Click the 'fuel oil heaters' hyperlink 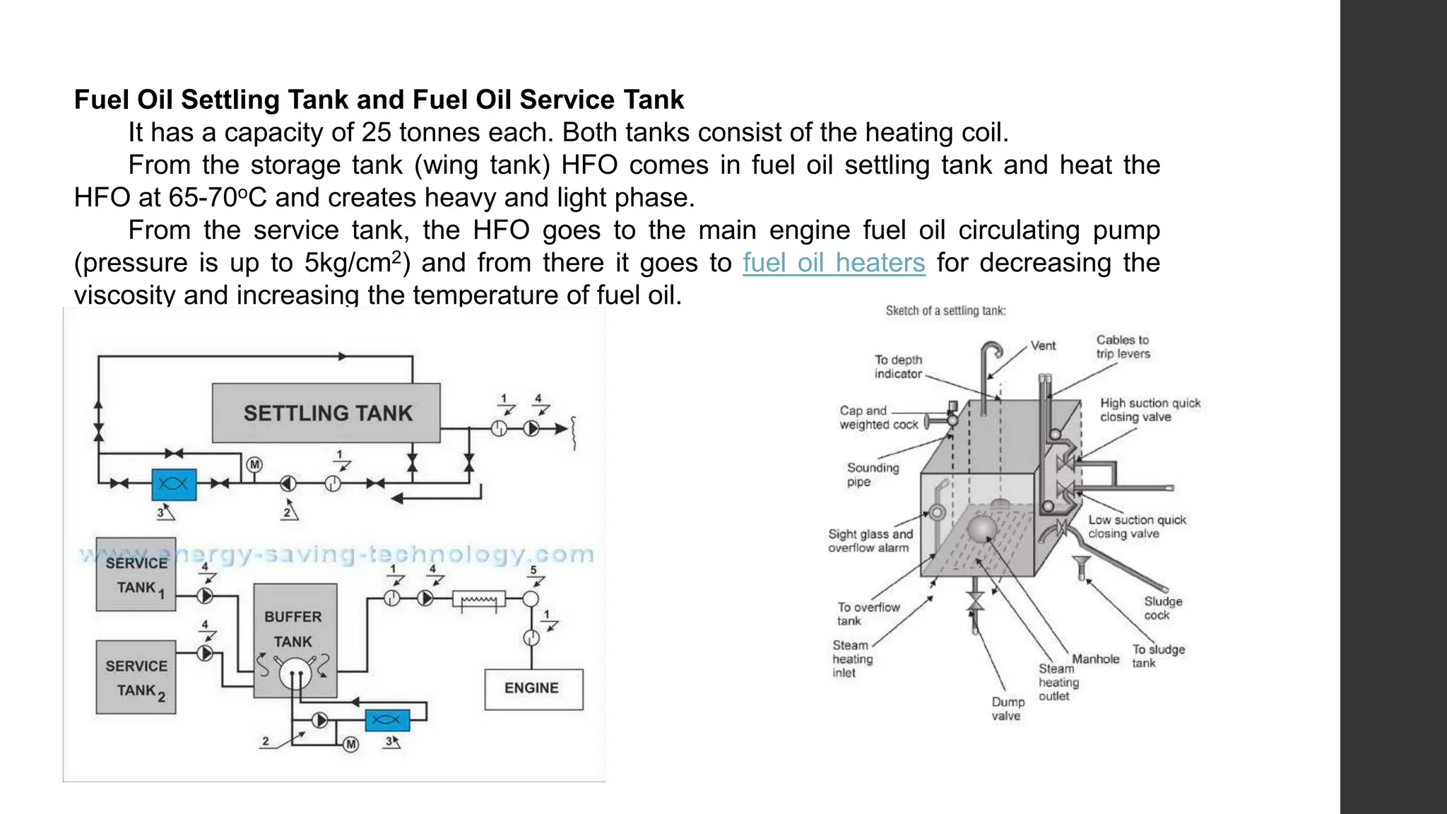833,263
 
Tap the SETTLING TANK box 326,413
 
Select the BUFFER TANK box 295,630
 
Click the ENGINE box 533,689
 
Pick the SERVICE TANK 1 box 136,574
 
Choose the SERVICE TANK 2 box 136,678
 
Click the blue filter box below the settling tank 174,484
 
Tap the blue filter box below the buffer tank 386,720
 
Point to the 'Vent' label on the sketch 1043,346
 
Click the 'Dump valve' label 1008,709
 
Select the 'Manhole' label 1095,659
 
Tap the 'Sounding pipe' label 872,475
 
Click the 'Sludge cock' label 1162,608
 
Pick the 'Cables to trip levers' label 1123,347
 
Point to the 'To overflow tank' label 868,614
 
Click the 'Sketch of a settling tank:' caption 945,311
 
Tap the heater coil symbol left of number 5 478,601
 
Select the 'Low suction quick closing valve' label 1136,526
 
